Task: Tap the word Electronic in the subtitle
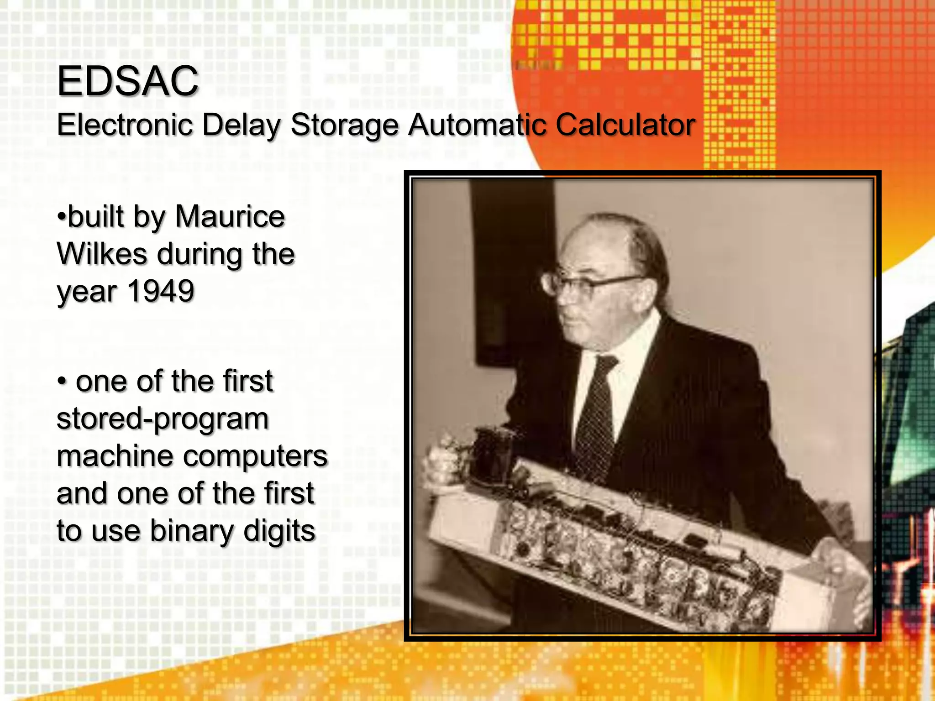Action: (x=125, y=125)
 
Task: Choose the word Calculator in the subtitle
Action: (x=625, y=125)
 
